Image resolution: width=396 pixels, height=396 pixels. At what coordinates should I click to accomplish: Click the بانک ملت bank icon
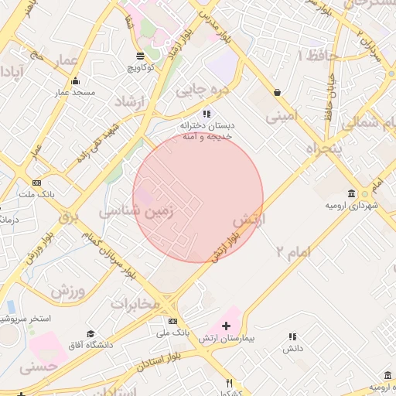pyautogui.click(x=36, y=183)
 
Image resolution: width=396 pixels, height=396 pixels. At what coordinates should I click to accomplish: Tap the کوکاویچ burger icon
pyautogui.click(x=139, y=56)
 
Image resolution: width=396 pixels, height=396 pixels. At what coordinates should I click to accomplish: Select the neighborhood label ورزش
pyautogui.click(x=67, y=291)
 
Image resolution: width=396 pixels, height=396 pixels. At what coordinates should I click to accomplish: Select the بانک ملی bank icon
pyautogui.click(x=172, y=321)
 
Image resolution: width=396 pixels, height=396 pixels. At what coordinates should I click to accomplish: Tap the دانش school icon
pyautogui.click(x=292, y=336)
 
